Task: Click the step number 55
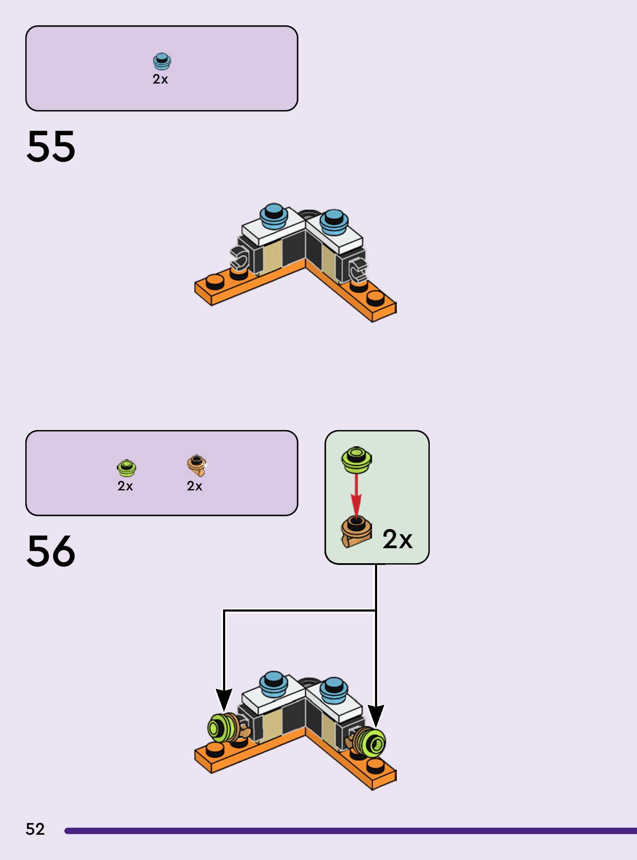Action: [51, 146]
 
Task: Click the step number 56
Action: [51, 551]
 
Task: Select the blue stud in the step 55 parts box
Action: [162, 61]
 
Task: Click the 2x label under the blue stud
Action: [161, 79]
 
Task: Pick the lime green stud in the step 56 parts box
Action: [126, 468]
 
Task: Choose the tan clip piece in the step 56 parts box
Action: [197, 466]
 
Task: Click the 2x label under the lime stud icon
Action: [125, 486]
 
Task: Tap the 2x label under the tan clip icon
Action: [195, 486]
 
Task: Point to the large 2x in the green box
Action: [397, 539]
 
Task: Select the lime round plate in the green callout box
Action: [357, 460]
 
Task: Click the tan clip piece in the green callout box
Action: [356, 532]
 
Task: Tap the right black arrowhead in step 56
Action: [376, 715]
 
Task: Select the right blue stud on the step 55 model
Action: [334, 222]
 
